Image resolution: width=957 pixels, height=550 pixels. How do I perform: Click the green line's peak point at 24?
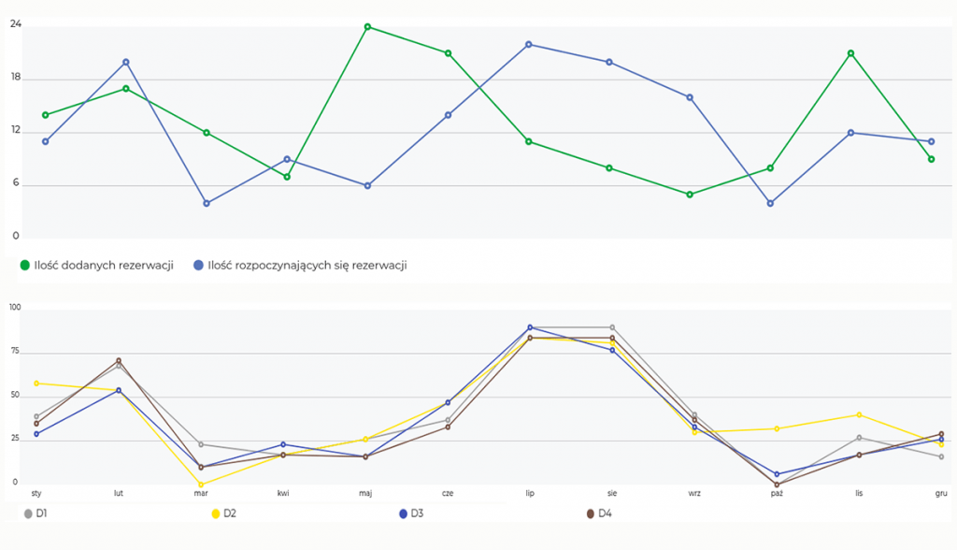pyautogui.click(x=367, y=26)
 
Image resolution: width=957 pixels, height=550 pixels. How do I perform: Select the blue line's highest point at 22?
pyautogui.click(x=529, y=44)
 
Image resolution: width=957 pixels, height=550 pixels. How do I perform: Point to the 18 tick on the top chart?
pyautogui.click(x=16, y=80)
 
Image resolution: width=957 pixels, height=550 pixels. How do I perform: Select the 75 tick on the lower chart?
pyautogui.click(x=15, y=352)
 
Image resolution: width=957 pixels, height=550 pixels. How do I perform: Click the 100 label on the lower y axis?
pyautogui.click(x=15, y=308)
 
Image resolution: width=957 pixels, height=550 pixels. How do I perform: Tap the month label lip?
pyautogui.click(x=530, y=491)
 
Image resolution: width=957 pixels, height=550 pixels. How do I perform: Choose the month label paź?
pyautogui.click(x=777, y=491)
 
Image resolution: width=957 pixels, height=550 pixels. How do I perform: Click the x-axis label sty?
pyautogui.click(x=36, y=491)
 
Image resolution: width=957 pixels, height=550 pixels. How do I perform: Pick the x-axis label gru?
pyautogui.click(x=941, y=491)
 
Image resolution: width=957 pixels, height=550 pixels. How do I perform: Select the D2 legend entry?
pyautogui.click(x=224, y=514)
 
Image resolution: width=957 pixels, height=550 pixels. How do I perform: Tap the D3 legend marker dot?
pyautogui.click(x=403, y=514)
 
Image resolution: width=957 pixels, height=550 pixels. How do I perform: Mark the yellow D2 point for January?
pyautogui.click(x=36, y=383)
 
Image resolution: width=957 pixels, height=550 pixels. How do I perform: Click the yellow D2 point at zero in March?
pyautogui.click(x=201, y=485)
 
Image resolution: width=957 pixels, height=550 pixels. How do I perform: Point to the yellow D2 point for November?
pyautogui.click(x=859, y=414)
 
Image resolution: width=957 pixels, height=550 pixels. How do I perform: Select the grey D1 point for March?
pyautogui.click(x=201, y=444)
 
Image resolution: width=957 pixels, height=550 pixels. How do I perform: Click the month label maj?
pyautogui.click(x=365, y=491)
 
